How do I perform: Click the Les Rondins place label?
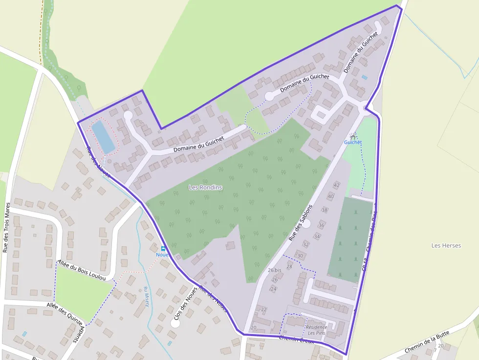(x=205, y=188)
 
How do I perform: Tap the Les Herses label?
(x=446, y=245)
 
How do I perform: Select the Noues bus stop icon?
(x=163, y=248)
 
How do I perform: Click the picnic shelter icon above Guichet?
(x=353, y=135)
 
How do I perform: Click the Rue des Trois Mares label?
(x=6, y=227)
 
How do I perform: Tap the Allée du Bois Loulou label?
(x=81, y=270)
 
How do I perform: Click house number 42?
(x=336, y=185)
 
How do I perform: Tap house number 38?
(x=325, y=210)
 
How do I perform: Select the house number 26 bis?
(x=274, y=270)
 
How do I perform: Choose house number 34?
(x=317, y=236)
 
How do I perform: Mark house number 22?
(x=264, y=309)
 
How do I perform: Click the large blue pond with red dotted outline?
(x=104, y=136)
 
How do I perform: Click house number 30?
(x=300, y=255)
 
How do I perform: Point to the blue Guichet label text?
(x=353, y=142)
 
